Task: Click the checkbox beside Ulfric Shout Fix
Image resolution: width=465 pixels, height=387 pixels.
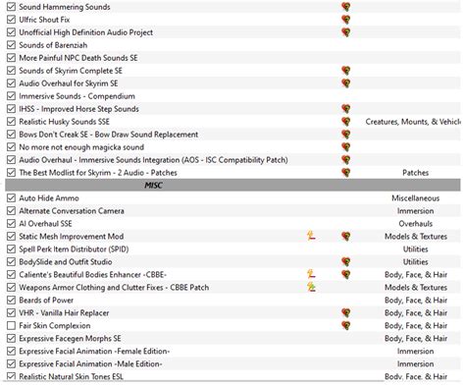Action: point(11,19)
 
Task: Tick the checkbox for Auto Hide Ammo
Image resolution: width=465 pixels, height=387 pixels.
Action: point(11,197)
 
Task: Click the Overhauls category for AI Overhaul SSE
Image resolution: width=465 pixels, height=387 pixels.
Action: point(415,223)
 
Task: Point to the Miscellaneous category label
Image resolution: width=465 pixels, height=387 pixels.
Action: point(415,197)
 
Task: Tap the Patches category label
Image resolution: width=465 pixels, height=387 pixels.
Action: point(415,172)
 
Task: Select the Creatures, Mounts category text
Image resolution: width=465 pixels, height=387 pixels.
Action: point(412,121)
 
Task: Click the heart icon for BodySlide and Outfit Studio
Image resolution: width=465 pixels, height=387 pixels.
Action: point(345,261)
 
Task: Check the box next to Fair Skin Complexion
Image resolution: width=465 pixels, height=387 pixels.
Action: point(11,325)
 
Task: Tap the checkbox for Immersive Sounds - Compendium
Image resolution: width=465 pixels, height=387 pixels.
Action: point(11,95)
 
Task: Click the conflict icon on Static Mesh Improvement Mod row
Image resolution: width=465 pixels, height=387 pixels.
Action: point(311,236)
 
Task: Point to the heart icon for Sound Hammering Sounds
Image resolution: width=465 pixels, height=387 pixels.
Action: point(345,6)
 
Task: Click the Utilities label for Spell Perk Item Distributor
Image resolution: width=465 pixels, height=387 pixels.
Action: point(415,249)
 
